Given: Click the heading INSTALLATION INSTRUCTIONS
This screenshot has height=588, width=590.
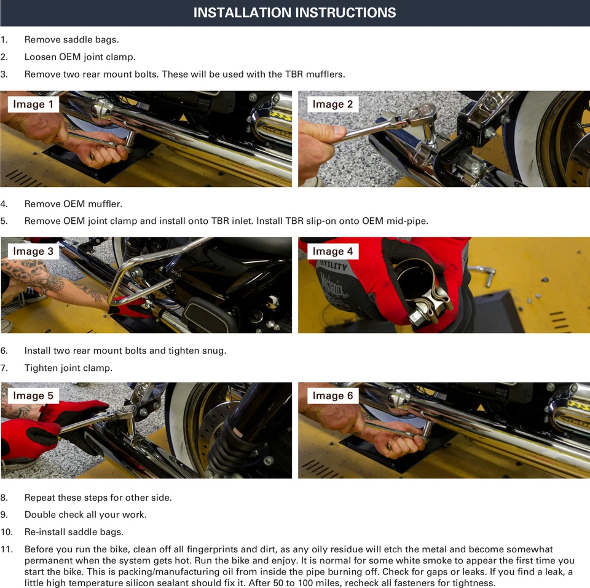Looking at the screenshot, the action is pyautogui.click(x=294, y=12).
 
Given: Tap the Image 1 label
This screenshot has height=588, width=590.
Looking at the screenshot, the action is pyautogui.click(x=33, y=104).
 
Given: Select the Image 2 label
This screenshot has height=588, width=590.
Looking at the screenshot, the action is pyautogui.click(x=332, y=104).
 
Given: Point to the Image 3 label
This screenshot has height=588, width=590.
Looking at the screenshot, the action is pyautogui.click(x=33, y=251).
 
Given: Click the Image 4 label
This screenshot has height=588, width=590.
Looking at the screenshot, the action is pyautogui.click(x=332, y=251).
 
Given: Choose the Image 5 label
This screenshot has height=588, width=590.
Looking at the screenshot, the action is pyautogui.click(x=33, y=395).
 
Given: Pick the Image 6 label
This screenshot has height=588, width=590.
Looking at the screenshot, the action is pyautogui.click(x=332, y=395).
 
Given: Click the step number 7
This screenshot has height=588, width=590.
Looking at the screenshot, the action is pyautogui.click(x=4, y=368).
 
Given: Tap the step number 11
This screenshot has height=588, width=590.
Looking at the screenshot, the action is pyautogui.click(x=6, y=549).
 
